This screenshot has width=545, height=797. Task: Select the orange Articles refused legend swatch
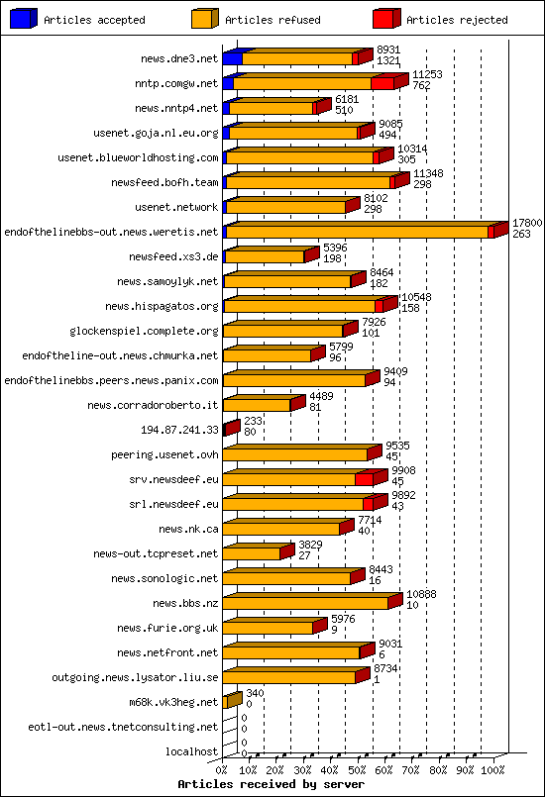205,19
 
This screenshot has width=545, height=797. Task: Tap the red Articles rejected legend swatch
386,19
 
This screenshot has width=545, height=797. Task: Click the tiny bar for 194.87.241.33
230,429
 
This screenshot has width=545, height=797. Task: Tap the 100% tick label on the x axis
491,768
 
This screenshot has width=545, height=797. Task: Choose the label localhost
192,752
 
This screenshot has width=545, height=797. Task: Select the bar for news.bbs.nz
307,602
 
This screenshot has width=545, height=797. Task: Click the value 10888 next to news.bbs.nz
421,594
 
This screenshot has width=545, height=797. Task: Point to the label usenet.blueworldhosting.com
138,158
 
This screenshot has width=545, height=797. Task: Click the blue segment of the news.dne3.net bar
232,58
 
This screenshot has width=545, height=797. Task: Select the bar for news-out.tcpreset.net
254,552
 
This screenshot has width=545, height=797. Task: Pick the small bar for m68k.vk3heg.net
232,701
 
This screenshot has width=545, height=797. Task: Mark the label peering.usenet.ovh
164,455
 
